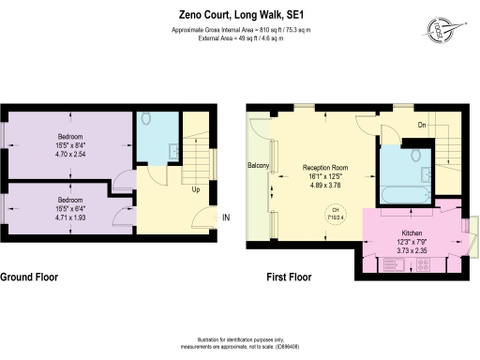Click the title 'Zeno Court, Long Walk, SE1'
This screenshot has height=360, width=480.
(240, 15)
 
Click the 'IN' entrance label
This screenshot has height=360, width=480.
(225, 218)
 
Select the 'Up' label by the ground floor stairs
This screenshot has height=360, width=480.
(194, 189)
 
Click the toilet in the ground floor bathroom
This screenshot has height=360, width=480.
(148, 120)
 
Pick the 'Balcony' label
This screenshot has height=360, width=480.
(259, 167)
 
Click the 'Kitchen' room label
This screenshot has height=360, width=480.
(413, 231)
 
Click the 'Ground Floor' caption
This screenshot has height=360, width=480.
(31, 277)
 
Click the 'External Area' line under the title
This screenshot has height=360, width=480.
(240, 39)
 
